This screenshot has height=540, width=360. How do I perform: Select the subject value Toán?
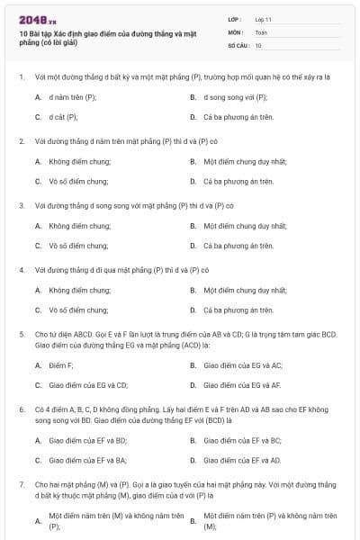coord(261,31)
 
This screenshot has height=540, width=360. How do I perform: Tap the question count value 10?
coord(258,45)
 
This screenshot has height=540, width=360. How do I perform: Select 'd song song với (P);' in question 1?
coord(236,96)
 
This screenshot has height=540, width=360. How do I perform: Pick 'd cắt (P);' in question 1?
coord(64,117)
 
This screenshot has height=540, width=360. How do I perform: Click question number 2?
coord(21,141)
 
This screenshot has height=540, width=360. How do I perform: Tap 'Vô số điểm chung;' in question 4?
coord(79,310)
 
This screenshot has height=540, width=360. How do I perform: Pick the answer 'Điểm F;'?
coord(61,365)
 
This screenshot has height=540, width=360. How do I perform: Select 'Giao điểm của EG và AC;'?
coord(243,365)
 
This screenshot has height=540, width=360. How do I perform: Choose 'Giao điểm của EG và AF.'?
coord(243,385)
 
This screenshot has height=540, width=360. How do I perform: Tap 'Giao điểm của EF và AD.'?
coord(242,460)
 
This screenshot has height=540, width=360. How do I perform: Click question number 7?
coord(21,484)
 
